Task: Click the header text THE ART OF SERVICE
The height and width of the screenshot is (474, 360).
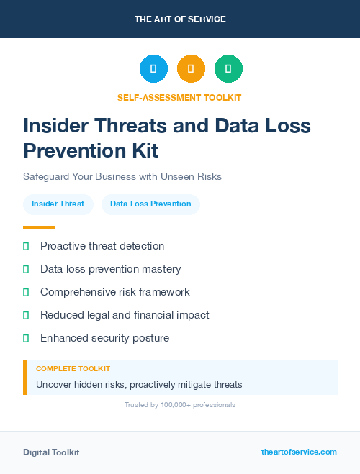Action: click(180, 19)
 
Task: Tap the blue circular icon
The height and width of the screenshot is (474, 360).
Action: click(153, 69)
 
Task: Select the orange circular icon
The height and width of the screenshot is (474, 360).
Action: click(191, 69)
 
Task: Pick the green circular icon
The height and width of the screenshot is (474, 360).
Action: click(228, 69)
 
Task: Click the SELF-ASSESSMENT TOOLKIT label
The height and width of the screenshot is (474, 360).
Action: click(179, 97)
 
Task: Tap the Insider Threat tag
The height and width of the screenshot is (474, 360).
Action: click(58, 204)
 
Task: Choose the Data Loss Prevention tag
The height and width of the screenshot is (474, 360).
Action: click(150, 204)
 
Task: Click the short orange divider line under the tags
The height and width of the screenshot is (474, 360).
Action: click(39, 227)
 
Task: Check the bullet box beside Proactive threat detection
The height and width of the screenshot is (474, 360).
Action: click(26, 246)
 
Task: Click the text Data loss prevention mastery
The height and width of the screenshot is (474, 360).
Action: click(110, 269)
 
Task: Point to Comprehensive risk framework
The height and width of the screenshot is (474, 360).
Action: click(114, 292)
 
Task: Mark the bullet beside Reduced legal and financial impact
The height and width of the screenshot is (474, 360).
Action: click(26, 315)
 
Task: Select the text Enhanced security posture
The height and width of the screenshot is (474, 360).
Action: click(104, 338)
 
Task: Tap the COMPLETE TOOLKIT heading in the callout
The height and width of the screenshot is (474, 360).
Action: click(73, 368)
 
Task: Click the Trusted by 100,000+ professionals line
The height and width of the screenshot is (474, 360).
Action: click(179, 405)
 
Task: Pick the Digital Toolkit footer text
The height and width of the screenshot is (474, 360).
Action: click(51, 452)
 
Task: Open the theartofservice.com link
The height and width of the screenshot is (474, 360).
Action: click(299, 452)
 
